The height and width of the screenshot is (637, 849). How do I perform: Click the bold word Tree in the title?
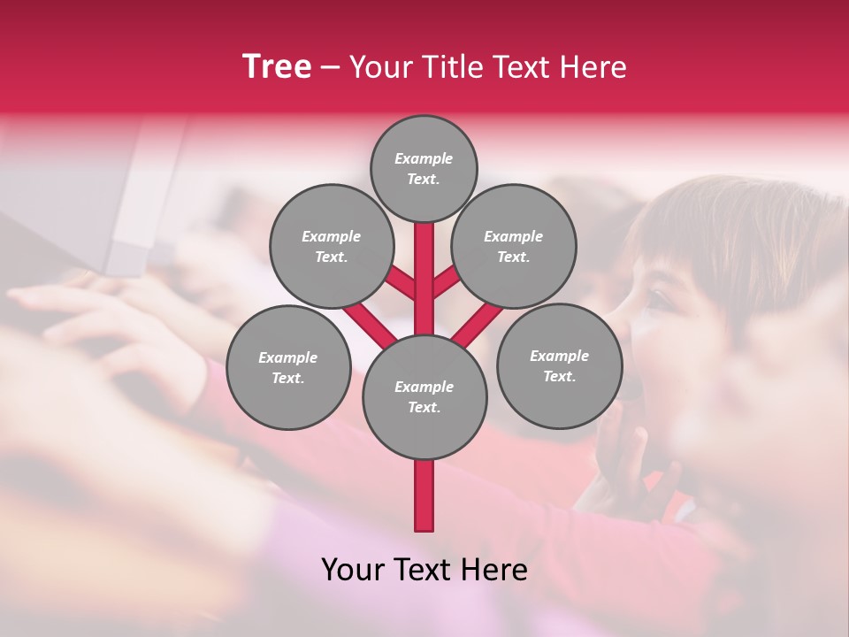tap(277, 67)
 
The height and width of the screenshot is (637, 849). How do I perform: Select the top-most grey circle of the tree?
tap(424, 169)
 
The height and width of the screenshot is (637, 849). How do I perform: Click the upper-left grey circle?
tap(331, 247)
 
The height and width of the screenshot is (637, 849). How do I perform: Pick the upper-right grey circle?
tap(514, 247)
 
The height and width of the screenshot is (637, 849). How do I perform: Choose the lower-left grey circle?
tap(288, 367)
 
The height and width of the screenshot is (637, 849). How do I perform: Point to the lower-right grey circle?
tap(559, 366)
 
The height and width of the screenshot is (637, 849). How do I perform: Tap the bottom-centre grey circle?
tap(424, 397)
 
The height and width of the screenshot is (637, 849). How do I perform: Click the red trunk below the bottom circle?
tap(424, 495)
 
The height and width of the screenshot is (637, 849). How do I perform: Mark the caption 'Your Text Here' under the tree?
tap(424, 570)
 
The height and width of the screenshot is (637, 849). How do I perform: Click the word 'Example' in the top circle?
tap(424, 159)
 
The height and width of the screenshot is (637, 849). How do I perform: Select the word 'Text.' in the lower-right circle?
tap(559, 377)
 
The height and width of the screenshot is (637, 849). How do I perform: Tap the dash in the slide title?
tap(330, 67)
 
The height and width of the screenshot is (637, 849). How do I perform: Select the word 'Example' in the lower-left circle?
tap(288, 357)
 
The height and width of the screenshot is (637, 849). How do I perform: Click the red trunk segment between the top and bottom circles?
tap(424, 279)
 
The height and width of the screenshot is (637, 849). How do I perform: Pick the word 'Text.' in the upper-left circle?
tap(331, 257)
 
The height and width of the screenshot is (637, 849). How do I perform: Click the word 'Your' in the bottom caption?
tap(352, 570)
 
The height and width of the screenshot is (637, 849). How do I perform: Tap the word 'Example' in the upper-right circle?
tap(514, 236)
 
